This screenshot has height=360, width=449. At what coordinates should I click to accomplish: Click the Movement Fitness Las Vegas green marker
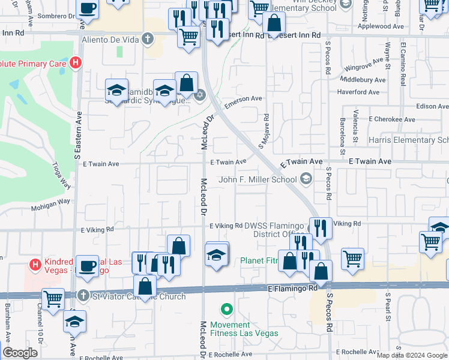[x=226, y=310]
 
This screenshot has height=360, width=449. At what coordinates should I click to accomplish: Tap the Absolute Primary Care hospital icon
[x=75, y=61]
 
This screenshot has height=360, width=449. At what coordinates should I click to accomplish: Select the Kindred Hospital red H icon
[x=35, y=263]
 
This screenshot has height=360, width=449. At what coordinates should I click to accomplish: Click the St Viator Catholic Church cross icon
[x=85, y=295]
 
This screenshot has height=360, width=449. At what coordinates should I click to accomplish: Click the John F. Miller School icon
[x=306, y=179]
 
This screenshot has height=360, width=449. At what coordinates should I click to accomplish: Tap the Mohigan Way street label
[x=51, y=203]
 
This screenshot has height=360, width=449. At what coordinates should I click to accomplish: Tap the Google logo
[x=20, y=353]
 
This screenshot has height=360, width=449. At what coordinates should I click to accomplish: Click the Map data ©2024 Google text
[x=411, y=355]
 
